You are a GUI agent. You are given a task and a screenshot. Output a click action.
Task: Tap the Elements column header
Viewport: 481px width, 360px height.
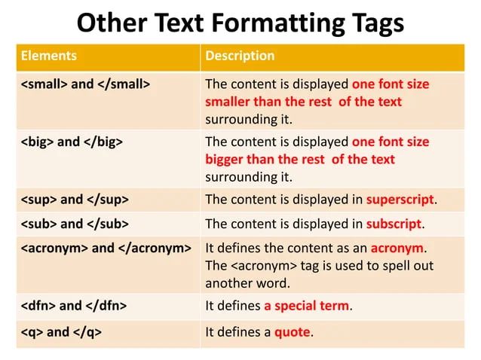49,56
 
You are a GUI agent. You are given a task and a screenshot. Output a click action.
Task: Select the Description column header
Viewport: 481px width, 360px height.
240,56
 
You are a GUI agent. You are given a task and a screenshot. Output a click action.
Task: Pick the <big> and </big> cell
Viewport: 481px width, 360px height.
72,142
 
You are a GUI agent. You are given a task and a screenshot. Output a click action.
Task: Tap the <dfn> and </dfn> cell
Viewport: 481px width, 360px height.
73,306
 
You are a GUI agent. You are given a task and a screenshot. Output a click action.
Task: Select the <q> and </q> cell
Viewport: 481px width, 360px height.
61,331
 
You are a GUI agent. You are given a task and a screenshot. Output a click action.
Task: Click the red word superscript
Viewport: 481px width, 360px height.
400,200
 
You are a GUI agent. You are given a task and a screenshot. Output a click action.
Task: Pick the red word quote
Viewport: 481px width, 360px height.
293,331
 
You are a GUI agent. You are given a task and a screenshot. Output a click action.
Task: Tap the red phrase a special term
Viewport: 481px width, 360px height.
307,306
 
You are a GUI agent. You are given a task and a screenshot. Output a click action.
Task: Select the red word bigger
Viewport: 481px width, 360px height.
225,160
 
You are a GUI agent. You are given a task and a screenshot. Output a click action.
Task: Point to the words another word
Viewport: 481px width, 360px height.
247,283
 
